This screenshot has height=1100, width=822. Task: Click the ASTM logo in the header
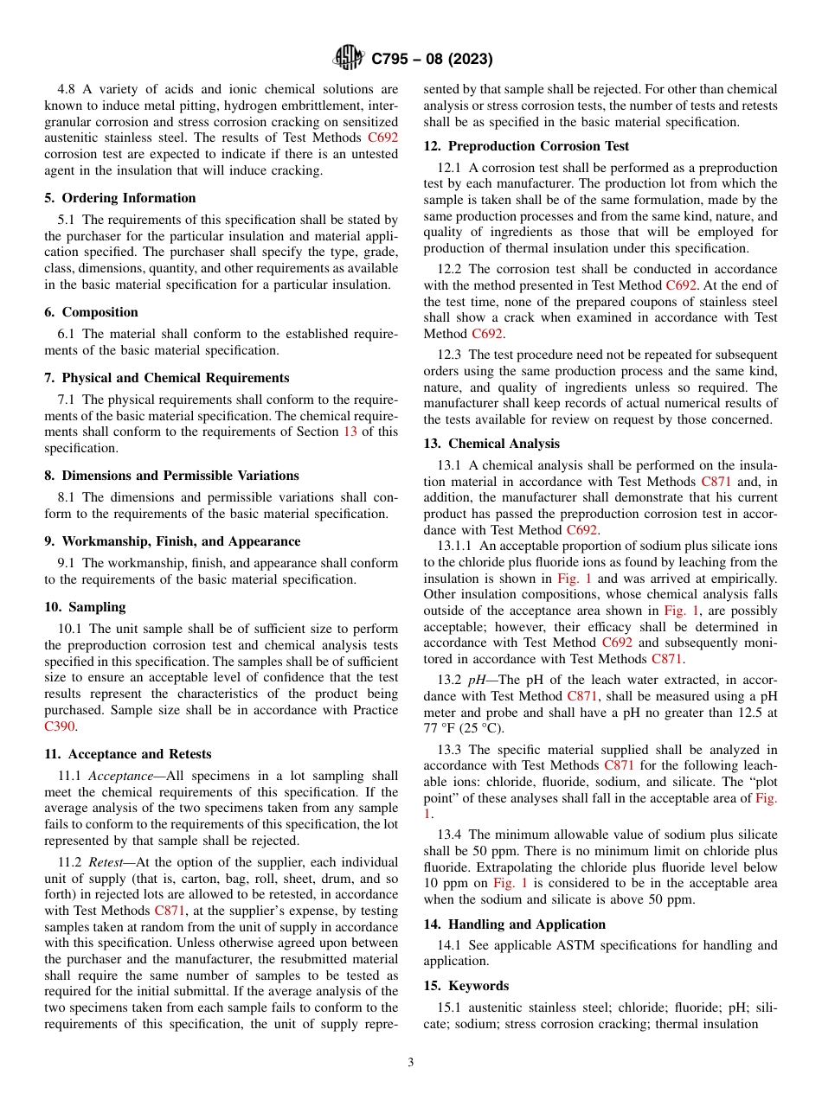350,59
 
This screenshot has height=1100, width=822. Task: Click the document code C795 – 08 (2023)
432,60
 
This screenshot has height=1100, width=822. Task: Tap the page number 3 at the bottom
411,1063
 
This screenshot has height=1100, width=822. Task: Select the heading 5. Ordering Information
119,198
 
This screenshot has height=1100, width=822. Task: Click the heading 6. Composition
91,312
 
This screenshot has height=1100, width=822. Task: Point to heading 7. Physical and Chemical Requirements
166,378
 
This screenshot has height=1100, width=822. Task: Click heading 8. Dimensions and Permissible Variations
171,476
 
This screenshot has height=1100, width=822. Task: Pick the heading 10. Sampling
85,607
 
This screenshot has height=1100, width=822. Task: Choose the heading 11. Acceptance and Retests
127,754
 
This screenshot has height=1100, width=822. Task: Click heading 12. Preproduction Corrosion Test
526,146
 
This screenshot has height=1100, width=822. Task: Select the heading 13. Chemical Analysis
491,444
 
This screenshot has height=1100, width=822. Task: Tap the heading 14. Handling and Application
515,924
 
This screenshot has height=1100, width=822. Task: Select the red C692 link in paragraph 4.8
382,137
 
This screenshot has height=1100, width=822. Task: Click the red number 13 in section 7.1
351,432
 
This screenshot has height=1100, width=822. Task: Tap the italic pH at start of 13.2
476,680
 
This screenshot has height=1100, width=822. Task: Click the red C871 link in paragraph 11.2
170,911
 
